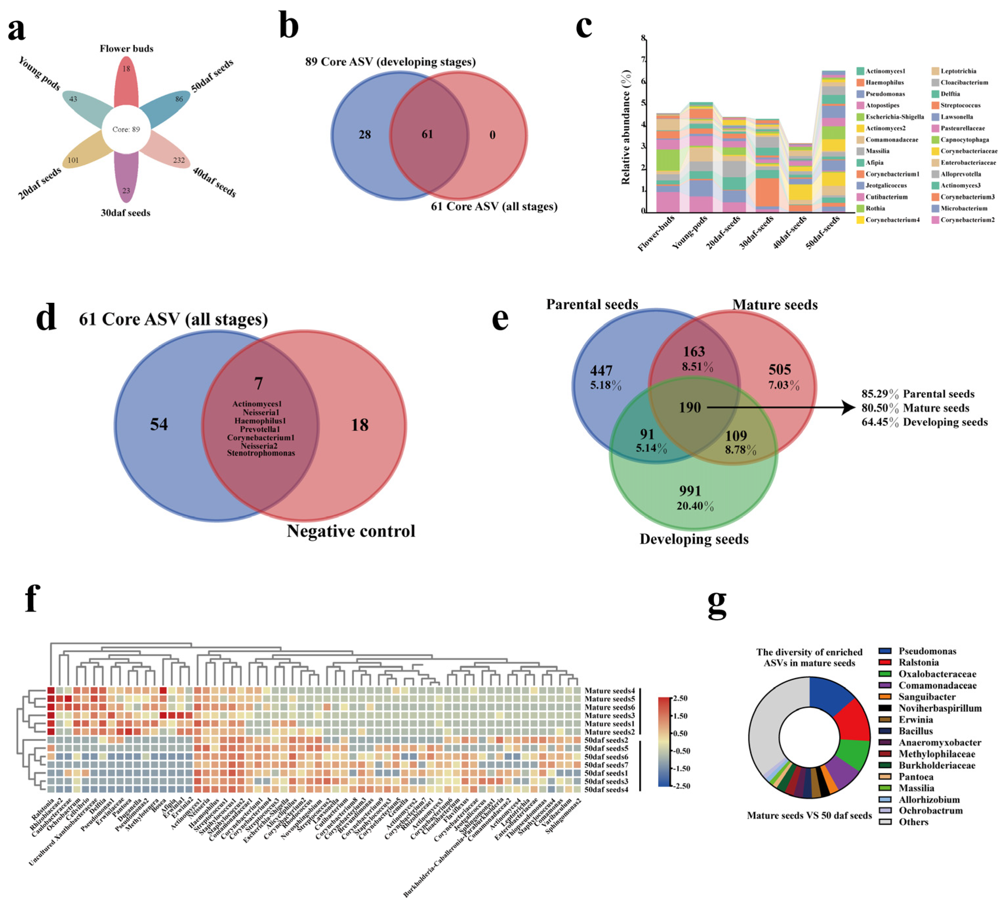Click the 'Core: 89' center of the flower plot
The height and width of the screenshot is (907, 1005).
tap(126, 129)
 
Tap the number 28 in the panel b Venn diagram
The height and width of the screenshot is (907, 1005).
tap(365, 135)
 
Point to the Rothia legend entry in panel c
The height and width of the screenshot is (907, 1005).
tap(875, 209)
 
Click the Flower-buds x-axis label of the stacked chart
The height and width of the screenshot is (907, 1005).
tap(656, 233)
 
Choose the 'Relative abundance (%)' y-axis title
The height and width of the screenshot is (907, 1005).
tap(626, 127)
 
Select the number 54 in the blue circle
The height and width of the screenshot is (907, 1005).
tap(159, 425)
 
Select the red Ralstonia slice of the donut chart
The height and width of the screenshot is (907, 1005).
tap(852, 721)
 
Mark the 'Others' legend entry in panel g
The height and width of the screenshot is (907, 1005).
tap(913, 822)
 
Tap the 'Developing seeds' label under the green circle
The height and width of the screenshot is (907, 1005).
tap(694, 539)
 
